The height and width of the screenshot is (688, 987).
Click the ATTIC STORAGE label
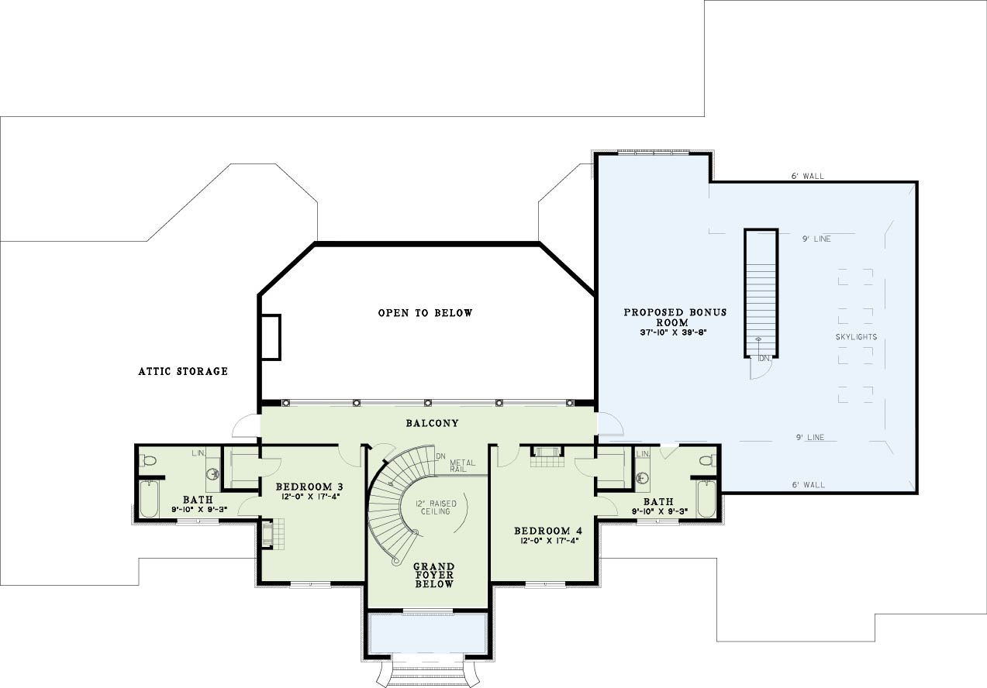183,372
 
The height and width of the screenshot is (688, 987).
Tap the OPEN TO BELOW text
425,313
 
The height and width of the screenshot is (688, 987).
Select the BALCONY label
433,423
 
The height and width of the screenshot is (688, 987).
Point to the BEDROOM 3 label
309,487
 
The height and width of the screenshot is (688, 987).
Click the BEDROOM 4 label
547,531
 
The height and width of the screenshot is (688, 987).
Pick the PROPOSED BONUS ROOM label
675,318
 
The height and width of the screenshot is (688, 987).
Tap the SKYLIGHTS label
856,337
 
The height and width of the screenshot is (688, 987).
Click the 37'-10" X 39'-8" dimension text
673,333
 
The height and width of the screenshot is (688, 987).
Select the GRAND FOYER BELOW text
434,576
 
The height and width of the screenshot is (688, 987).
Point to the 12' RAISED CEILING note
436,507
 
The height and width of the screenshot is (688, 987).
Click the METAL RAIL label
462,466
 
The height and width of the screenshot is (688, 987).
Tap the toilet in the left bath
148,461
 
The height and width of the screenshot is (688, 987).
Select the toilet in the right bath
708,461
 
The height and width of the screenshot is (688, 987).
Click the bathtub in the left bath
149,499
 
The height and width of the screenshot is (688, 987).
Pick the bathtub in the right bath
707,499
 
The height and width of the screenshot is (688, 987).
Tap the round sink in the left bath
213,474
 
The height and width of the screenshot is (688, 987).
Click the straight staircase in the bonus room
761,293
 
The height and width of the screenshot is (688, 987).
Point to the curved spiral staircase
399,504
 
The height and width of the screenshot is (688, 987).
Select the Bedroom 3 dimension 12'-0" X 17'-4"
309,497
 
